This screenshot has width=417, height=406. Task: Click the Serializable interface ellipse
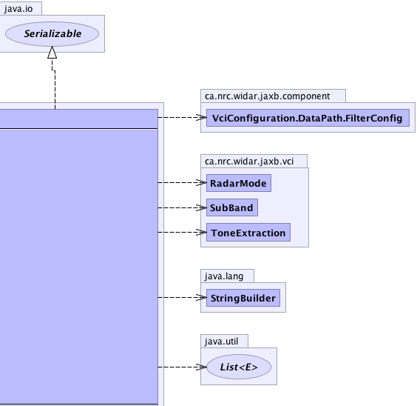tap(52, 34)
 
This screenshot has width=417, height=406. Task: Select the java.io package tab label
tap(18, 9)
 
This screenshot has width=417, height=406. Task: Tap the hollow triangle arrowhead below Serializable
tap(52, 52)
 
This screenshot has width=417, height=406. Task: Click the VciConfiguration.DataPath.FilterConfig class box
tap(308, 118)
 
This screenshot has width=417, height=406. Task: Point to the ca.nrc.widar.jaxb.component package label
tap(267, 96)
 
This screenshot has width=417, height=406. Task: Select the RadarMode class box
tap(239, 183)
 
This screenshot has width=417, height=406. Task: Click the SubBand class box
tap(232, 207)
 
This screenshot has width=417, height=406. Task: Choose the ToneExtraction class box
tap(248, 233)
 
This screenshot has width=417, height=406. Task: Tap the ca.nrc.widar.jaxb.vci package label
tap(249, 162)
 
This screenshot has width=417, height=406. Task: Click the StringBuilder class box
tap(243, 298)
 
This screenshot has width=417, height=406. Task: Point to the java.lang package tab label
tap(224, 276)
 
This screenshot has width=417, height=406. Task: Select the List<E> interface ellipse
tap(239, 367)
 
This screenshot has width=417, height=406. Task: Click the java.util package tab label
tap(221, 342)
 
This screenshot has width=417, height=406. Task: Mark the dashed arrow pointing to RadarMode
tap(182, 183)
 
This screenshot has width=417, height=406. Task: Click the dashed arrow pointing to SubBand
tap(182, 207)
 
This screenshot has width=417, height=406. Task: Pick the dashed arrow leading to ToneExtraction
tap(182, 233)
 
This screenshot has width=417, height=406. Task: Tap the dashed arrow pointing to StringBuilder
tap(182, 297)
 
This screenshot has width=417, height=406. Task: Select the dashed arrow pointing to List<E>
tap(182, 367)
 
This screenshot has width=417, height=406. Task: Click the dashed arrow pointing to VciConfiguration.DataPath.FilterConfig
tap(182, 117)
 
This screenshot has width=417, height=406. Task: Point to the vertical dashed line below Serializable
tap(55, 84)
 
